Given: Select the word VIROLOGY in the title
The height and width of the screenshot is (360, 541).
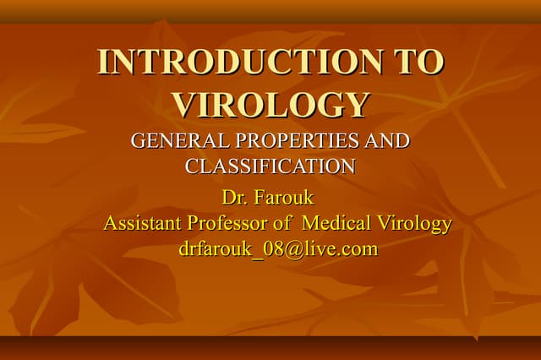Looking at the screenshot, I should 270,104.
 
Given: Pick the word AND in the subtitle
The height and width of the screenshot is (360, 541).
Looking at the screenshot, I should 391,141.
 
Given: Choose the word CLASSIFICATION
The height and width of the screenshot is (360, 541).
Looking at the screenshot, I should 270,166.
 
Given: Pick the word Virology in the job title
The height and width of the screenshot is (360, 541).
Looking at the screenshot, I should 414,224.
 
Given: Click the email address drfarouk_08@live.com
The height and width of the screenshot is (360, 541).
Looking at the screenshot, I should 278,249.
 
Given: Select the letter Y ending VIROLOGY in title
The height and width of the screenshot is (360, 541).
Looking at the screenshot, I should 358,104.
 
